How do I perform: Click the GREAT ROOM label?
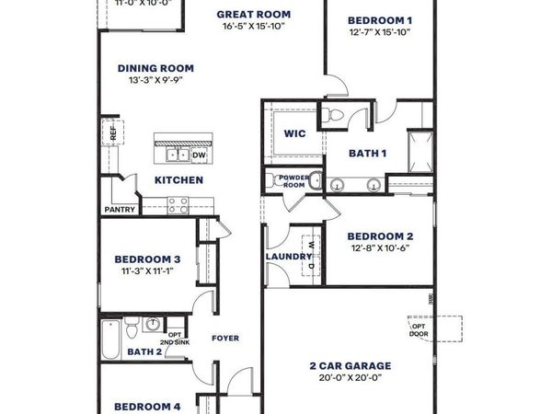253,15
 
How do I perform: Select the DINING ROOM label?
155,67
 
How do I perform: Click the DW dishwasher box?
199,155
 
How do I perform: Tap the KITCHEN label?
178,180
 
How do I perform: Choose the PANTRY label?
121,210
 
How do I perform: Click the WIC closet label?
294,133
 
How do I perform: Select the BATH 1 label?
366,152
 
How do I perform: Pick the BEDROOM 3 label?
146,259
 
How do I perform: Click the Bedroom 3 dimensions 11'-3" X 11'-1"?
146,272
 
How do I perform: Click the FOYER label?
224,339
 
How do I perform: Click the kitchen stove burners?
177,206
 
